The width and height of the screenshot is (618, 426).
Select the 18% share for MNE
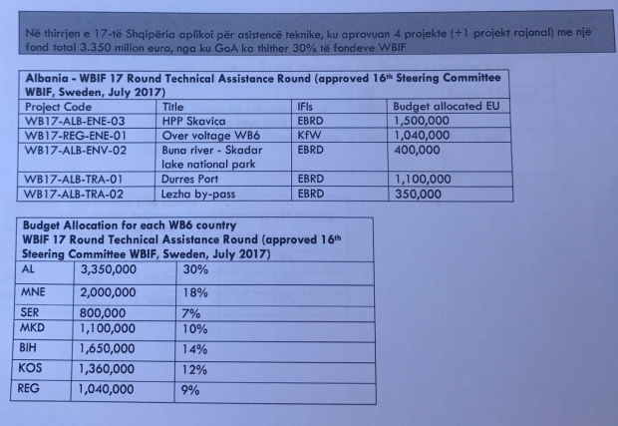point(196,293)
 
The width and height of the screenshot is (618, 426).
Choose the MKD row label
point(33,327)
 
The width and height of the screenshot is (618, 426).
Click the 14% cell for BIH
point(196,349)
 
